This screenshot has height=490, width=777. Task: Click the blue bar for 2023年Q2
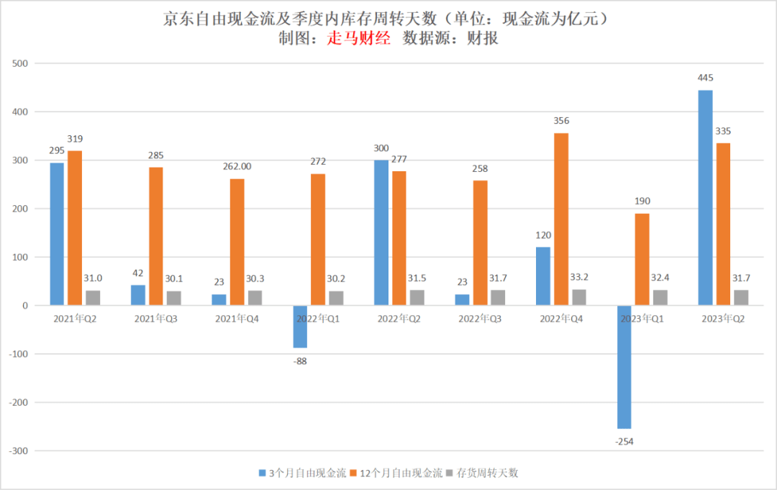pos(705,198)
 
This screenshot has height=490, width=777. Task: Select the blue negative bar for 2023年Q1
pos(624,367)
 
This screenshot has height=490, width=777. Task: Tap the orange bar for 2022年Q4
pos(561,219)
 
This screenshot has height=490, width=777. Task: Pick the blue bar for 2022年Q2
pos(381,233)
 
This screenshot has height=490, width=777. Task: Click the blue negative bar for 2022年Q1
pos(300,327)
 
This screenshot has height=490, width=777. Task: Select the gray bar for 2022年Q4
pos(579,298)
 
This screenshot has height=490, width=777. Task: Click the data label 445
pos(705,78)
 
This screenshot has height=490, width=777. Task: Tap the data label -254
pos(624,441)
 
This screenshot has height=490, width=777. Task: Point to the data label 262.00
pos(237,166)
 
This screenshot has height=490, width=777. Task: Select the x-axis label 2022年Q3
pos(480,318)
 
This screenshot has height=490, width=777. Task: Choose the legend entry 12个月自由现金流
pos(401,473)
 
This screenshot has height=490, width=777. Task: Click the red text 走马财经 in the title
pos(358,39)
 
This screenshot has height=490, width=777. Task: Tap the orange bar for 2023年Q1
pos(642,260)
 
